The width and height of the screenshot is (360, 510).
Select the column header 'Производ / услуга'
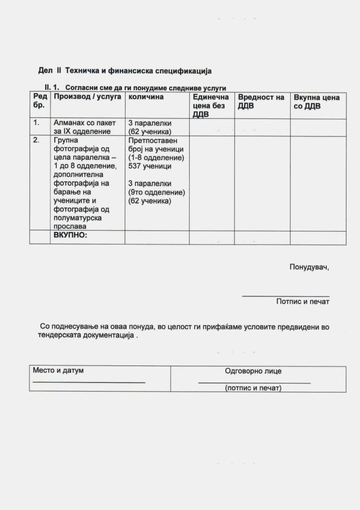coord(87,97)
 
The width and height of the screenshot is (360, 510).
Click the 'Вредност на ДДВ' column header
coord(261,102)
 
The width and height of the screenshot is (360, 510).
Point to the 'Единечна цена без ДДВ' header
coord(210,106)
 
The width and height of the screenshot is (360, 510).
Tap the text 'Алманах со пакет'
coord(84,123)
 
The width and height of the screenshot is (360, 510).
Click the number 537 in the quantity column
coord(135,166)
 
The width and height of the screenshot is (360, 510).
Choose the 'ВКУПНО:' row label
coord(70,235)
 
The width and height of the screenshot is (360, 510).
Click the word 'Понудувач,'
coord(309,267)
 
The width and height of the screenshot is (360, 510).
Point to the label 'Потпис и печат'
coord(303,301)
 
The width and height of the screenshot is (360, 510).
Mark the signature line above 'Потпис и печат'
coord(285,296)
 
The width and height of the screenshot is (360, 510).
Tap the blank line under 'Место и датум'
coord(89,382)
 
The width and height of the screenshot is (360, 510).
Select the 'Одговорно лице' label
coord(253,371)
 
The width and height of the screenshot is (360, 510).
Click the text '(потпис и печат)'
coord(253,387)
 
